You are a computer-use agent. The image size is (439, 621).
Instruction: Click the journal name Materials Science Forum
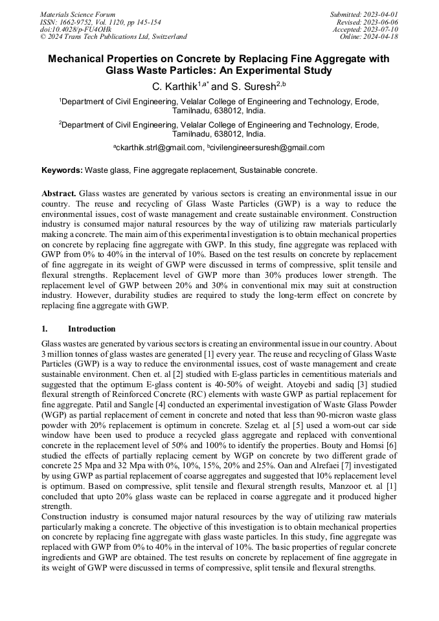[x=78, y=14]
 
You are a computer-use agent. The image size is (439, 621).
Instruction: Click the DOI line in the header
[x=75, y=29]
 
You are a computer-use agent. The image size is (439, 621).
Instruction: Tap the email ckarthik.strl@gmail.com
[x=160, y=148]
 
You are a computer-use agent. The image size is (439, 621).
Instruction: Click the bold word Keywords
[x=62, y=170]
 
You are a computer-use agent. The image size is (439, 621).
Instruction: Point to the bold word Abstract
[x=60, y=194]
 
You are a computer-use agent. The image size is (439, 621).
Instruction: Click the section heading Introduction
[x=91, y=329]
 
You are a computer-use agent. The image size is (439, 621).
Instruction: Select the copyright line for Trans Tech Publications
[x=113, y=37]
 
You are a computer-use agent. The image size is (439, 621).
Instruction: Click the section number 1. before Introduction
[x=45, y=329]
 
